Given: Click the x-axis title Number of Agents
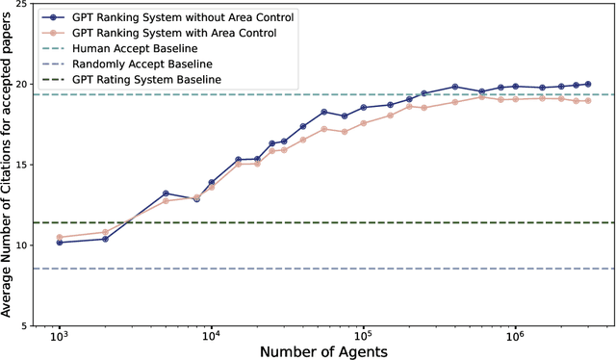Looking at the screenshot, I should (x=323, y=352).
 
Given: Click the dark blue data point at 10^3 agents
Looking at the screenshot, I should (x=59, y=243).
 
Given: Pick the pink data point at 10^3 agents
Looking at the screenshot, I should (x=59, y=237).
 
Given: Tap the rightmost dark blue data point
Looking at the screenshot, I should (x=588, y=84).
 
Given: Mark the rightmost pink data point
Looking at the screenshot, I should (x=588, y=100).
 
